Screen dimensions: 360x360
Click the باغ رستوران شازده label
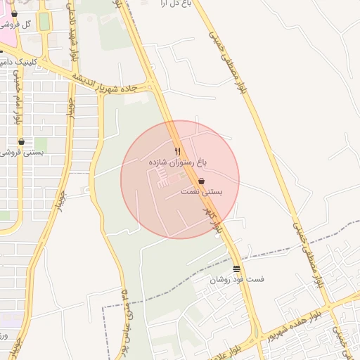pyautogui.click(x=178, y=162)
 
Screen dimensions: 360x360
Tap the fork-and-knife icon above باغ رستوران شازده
pyautogui.click(x=178, y=151)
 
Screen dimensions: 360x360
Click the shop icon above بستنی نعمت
pyautogui.click(x=202, y=181)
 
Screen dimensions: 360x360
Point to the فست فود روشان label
pyautogui.click(x=236, y=279)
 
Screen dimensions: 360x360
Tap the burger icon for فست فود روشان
pyautogui.click(x=236, y=269)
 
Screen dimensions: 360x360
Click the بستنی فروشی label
pyautogui.click(x=21, y=152)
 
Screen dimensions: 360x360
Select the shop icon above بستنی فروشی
pyautogui.click(x=21, y=141)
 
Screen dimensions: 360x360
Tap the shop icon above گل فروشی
pyautogui.click(x=15, y=14)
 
